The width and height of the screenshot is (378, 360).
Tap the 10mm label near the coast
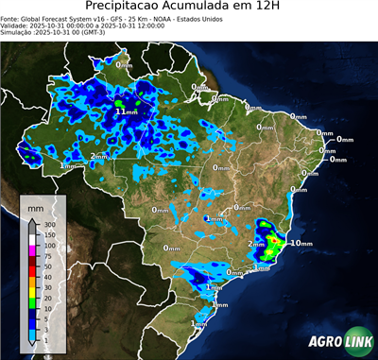(301, 243)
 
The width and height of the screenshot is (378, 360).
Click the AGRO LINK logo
(336, 342)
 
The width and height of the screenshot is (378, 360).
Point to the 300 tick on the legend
(50, 224)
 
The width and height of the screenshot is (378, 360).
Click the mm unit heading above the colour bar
(35, 205)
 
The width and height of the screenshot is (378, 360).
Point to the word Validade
(14, 26)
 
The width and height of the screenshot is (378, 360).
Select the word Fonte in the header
(10, 19)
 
